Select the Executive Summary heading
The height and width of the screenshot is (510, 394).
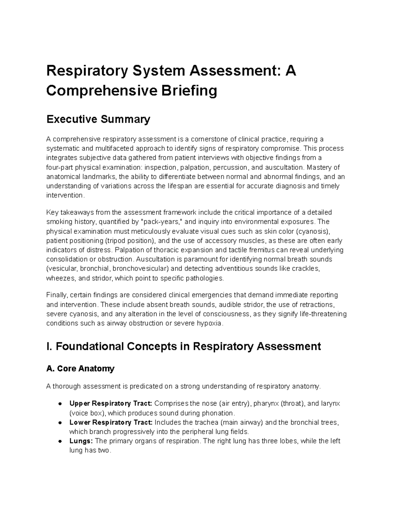[98, 119]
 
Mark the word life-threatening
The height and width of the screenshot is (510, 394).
[323, 314]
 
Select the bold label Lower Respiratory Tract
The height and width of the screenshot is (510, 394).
[111, 422]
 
